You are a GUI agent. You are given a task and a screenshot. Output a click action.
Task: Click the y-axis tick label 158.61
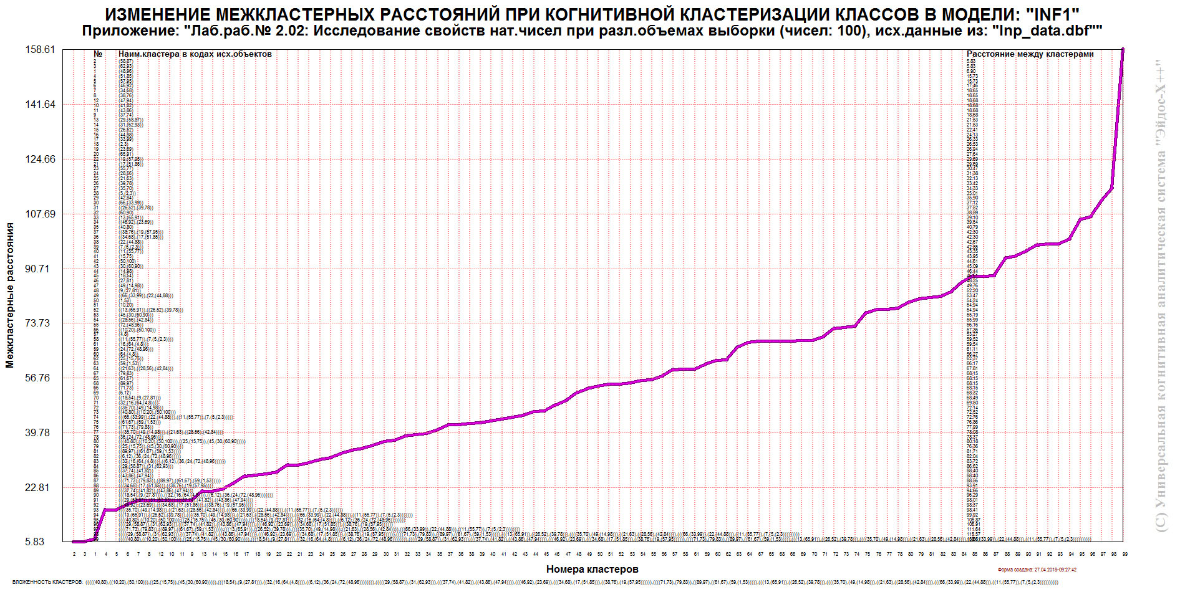[x=40, y=50]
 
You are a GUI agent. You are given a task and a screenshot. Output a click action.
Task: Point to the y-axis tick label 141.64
[x=40, y=105]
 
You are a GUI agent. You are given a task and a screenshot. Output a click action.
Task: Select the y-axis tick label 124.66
[x=40, y=160]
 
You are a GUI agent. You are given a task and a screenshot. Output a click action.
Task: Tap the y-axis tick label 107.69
[x=40, y=214]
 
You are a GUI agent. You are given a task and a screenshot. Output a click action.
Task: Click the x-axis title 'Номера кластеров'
[x=592, y=569]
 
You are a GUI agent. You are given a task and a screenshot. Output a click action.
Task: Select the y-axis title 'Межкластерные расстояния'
[x=10, y=295]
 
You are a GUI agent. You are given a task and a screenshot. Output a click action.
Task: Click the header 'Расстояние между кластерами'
[x=1030, y=54]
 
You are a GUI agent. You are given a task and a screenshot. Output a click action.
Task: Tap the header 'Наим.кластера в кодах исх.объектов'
[x=195, y=54]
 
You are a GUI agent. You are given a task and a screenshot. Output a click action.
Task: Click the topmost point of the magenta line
[x=1123, y=49]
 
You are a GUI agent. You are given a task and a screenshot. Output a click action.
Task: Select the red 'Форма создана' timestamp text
[x=1037, y=570]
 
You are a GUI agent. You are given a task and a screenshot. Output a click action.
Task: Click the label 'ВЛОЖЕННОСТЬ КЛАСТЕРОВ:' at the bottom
[x=47, y=582]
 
